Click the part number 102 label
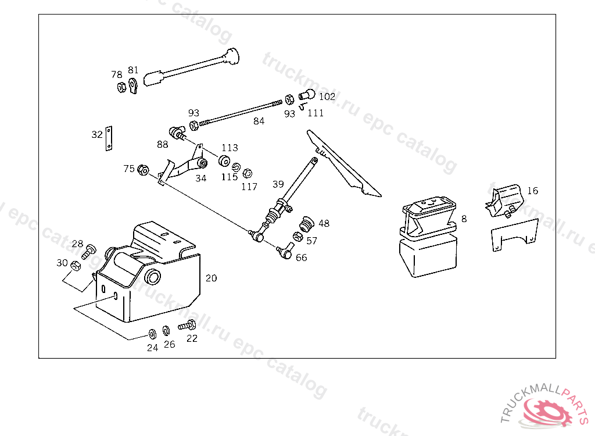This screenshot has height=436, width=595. (x=327, y=97)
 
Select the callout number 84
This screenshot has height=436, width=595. (x=259, y=121)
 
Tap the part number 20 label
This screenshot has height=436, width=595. (x=211, y=278)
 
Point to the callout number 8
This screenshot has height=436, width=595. (x=464, y=219)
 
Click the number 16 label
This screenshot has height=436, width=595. (x=532, y=191)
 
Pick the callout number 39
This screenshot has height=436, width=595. (x=278, y=184)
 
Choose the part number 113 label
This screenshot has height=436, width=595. (x=230, y=148)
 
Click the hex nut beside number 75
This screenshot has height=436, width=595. (x=144, y=170)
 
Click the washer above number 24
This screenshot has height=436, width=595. (x=151, y=334)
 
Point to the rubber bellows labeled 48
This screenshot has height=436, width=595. (x=306, y=222)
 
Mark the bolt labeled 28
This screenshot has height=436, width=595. (x=89, y=252)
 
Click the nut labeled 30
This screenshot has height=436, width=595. (x=75, y=266)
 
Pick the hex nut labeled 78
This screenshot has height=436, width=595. (x=121, y=88)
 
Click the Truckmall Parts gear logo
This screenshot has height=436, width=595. (x=547, y=410)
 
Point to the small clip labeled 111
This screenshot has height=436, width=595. (x=303, y=106)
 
